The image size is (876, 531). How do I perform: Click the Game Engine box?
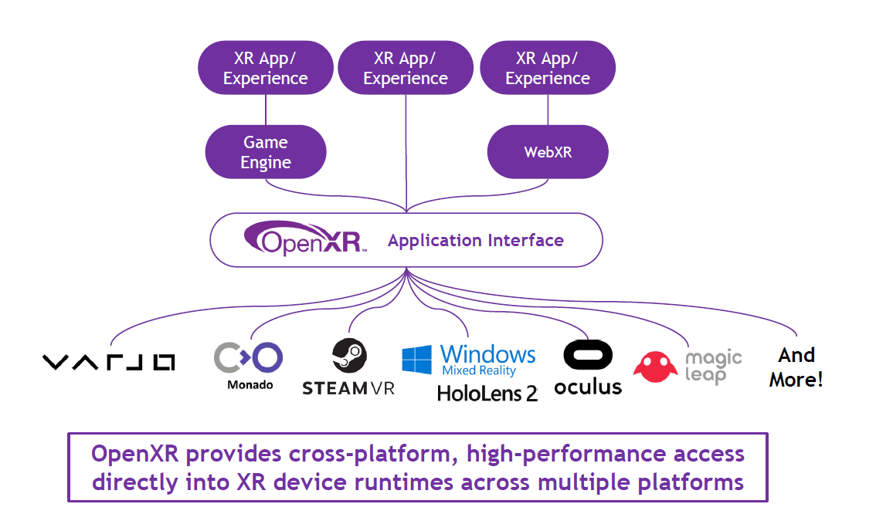266,152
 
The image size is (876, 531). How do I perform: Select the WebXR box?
548,152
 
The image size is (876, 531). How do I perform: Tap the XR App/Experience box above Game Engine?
265,68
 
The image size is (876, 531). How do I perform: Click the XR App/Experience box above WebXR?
548,68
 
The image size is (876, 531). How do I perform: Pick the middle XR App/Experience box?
406,68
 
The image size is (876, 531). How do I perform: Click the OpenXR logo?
304,239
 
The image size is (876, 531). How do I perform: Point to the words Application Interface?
476,241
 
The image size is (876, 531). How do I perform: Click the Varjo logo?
108,362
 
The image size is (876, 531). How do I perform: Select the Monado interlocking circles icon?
248,357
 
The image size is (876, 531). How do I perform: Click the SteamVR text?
348,388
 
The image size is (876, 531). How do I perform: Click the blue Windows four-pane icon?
417,360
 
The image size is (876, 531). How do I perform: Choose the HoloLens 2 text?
487,394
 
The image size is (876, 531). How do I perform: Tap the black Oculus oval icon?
589,357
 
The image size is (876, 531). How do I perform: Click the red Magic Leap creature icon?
655,366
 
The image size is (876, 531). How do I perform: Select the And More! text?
796,367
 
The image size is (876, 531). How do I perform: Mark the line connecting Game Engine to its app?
265,110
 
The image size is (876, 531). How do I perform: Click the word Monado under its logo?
250,384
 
